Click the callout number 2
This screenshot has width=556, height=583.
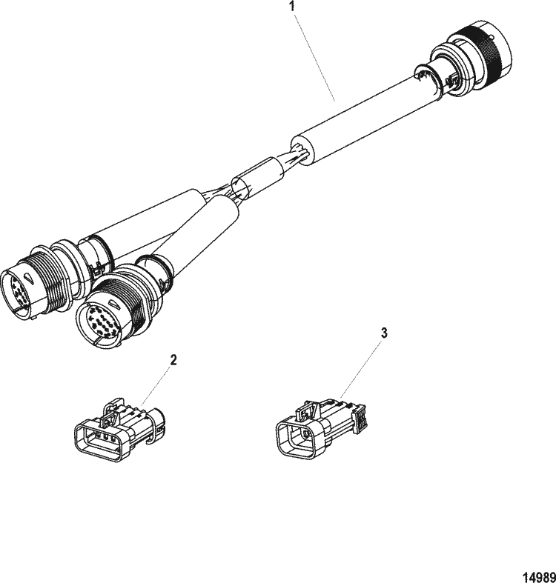tap(173, 359)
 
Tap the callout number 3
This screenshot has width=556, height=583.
tap(384, 333)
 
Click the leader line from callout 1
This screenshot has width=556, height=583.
tap(315, 56)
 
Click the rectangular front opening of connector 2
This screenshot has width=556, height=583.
tap(99, 442)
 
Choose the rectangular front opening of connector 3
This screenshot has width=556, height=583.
tap(299, 438)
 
